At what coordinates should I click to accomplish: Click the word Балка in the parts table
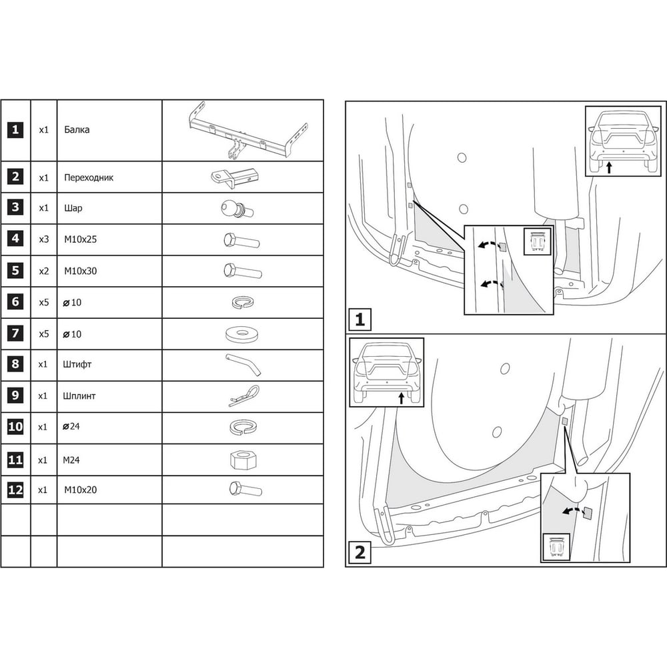pos(77,129)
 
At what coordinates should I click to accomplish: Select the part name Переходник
pos(89,177)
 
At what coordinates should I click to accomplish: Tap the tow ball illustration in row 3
pos(237,208)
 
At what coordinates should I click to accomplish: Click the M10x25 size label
pos(81,239)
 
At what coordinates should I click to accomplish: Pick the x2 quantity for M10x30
pos(44,271)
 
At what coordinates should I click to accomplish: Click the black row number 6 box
pos(15,301)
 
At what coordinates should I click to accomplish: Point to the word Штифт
pos(77,364)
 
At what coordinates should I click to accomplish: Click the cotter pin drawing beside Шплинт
pos(244,396)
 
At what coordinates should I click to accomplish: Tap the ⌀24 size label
pos(71,426)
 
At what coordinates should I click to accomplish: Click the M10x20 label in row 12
pos(81,490)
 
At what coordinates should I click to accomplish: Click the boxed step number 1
pos(360,319)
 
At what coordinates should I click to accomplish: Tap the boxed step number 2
pos(360,552)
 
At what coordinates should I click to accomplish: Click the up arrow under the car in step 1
pos(609,167)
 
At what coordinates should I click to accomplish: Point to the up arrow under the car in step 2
pos(401,398)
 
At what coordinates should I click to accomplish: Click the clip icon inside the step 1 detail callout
pos(537,241)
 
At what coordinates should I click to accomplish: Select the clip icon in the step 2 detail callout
pos(557,547)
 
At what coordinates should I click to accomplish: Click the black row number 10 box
pos(15,426)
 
